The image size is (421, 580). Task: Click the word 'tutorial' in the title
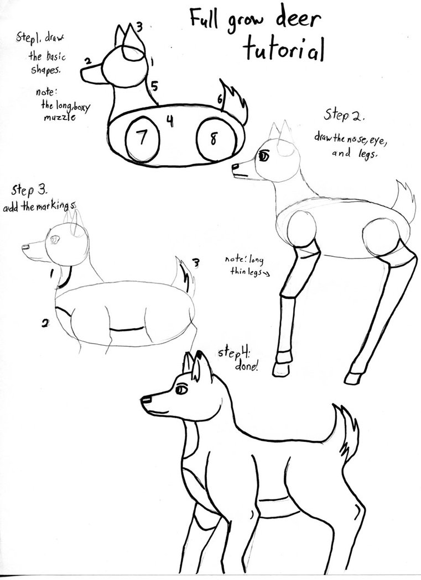pyautogui.click(x=283, y=51)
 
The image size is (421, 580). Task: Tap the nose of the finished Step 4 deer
pyautogui.click(x=146, y=399)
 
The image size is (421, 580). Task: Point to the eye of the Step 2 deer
pyautogui.click(x=264, y=156)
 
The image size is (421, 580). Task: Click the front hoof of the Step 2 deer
pyautogui.click(x=284, y=368)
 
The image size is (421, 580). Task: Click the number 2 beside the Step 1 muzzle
pyautogui.click(x=87, y=60)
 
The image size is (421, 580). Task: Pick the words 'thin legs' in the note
pyautogui.click(x=244, y=272)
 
